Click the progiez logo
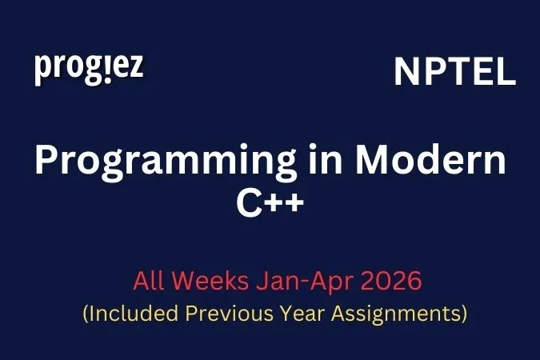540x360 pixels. pos(89,69)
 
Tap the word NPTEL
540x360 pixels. pos(454,74)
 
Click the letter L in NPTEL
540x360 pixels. pos(506,74)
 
